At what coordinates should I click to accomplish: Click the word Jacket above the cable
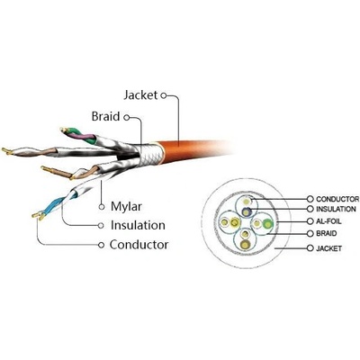[140, 95]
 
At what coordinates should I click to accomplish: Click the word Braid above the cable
[105, 116]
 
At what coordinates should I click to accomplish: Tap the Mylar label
[126, 207]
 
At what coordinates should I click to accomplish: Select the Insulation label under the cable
[138, 225]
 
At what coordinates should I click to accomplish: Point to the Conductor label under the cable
[139, 245]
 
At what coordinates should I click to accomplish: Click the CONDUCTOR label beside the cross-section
[337, 199]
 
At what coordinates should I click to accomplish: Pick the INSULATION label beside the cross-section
[336, 209]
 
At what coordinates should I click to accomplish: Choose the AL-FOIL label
[328, 221]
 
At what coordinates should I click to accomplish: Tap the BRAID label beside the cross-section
[327, 233]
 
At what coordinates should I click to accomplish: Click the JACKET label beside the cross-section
[328, 248]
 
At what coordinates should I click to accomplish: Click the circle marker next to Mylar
[102, 207]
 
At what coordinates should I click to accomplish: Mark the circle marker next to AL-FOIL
[310, 221]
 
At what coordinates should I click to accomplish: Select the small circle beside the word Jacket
[163, 95]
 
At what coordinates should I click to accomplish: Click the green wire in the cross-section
[267, 224]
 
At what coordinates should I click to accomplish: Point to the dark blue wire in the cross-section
[246, 212]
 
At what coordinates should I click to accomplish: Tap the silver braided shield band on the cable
[151, 154]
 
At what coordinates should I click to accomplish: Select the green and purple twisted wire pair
[78, 136]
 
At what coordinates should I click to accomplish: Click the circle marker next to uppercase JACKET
[310, 248]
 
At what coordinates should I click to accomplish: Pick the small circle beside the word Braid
[127, 118]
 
